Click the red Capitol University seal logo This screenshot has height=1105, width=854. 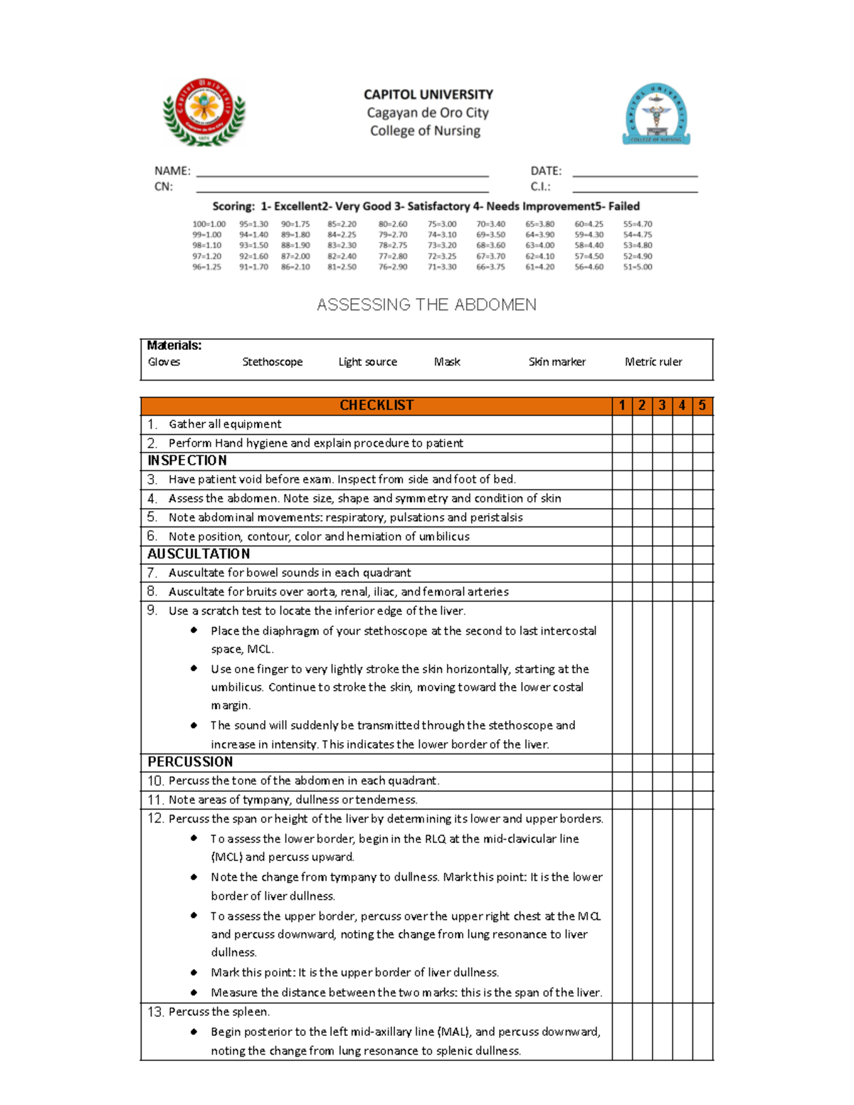point(204,112)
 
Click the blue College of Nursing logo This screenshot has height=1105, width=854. point(656,114)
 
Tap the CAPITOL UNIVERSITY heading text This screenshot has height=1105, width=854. point(428,95)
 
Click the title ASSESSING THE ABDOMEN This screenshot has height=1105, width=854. point(426,305)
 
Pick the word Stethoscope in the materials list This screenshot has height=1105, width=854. point(272,362)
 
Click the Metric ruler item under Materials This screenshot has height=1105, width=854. point(653,362)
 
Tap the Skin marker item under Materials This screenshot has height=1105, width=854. point(557,362)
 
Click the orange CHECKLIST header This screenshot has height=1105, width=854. point(376,406)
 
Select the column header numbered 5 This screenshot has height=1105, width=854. point(702,406)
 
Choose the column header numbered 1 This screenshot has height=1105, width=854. point(622,406)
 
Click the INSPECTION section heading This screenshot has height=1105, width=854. point(187,461)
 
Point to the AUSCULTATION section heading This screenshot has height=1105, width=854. point(199,554)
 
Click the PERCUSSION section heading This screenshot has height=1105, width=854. point(190,762)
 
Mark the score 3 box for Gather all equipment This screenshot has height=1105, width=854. point(662,425)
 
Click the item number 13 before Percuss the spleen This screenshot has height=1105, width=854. point(155,1012)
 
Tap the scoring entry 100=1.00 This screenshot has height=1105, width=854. point(209,224)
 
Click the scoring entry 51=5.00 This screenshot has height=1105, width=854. point(637,268)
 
